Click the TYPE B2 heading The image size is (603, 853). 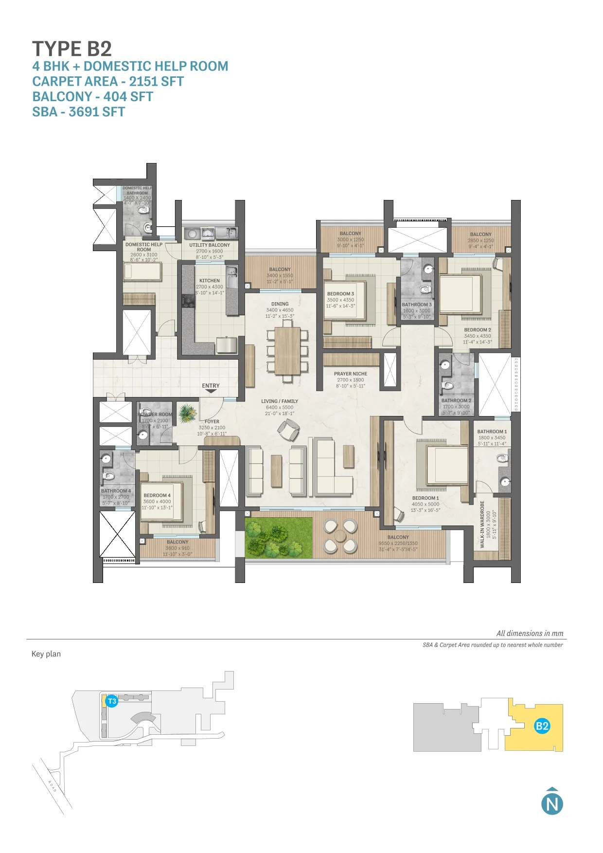click(72, 49)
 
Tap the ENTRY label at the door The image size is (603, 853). click(211, 385)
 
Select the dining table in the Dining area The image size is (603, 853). click(287, 350)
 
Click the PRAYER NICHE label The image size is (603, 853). click(350, 374)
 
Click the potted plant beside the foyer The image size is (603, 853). click(187, 414)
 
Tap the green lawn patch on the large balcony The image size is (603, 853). click(278, 538)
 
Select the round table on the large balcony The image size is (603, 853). click(340, 536)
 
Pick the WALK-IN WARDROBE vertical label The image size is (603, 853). click(482, 524)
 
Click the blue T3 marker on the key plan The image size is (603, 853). click(112, 701)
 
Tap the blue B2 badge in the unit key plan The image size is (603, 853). click(542, 726)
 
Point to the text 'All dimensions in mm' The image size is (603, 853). click(530, 633)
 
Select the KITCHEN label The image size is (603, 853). click(210, 281)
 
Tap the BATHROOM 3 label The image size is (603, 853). click(417, 305)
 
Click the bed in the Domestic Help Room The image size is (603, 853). click(142, 272)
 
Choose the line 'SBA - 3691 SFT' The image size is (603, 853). click(78, 112)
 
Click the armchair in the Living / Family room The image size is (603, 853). click(288, 430)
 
